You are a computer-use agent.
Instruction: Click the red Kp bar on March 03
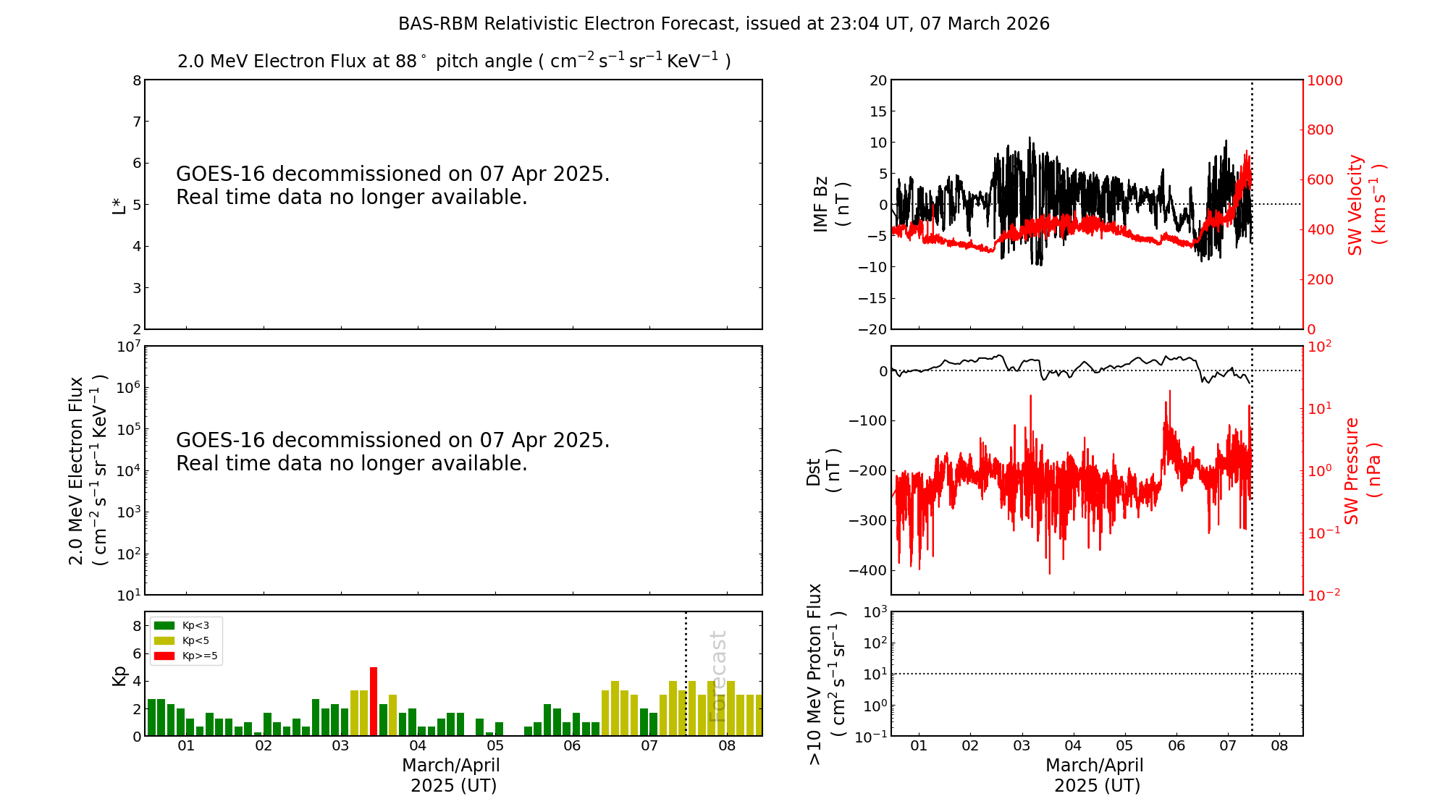(x=374, y=701)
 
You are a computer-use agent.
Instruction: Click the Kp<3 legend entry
(x=181, y=625)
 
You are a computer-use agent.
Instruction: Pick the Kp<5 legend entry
(x=181, y=640)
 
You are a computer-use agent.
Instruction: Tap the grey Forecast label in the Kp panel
(x=717, y=676)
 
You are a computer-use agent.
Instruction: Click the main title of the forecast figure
(x=723, y=24)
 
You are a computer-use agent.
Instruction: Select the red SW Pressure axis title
(x=1363, y=470)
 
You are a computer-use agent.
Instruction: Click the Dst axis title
(x=823, y=470)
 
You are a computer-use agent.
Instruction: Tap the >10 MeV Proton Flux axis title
(x=826, y=674)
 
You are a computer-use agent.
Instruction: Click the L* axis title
(x=119, y=204)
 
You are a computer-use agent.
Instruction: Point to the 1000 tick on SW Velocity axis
(x=1324, y=80)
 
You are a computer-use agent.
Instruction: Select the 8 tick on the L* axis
(x=136, y=80)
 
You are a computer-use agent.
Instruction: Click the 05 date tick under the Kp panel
(x=494, y=746)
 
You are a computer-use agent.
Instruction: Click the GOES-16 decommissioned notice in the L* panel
(x=392, y=185)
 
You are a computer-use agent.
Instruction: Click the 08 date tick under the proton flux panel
(x=1279, y=746)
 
